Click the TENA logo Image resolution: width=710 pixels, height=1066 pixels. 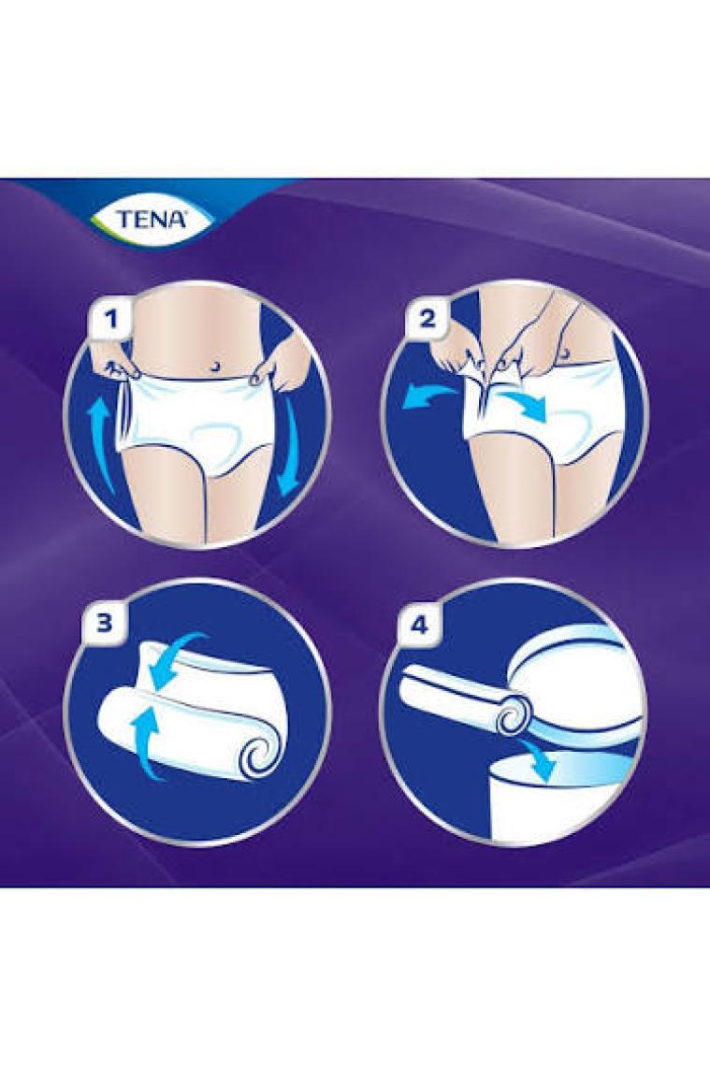pyautogui.click(x=152, y=219)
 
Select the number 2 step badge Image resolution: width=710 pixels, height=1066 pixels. pyautogui.click(x=427, y=317)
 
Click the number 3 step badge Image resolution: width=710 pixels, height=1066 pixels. pyautogui.click(x=104, y=623)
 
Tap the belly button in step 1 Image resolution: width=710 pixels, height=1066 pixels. pyautogui.click(x=215, y=367)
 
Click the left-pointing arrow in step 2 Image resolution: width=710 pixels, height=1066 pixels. pyautogui.click(x=427, y=397)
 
